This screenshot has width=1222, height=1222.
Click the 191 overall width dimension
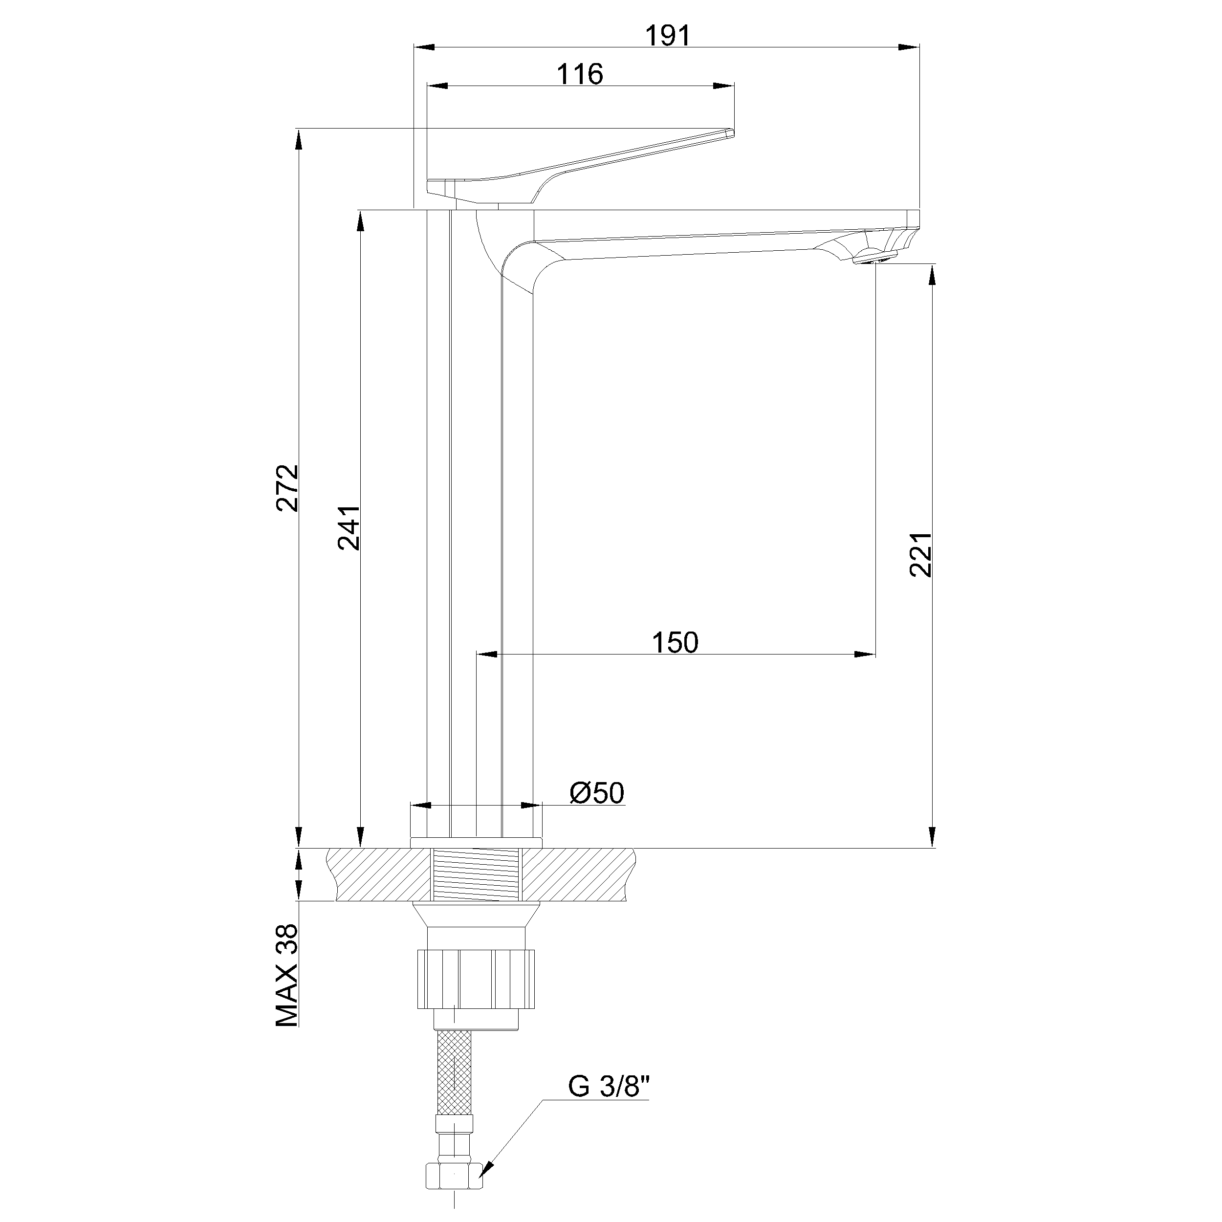click(x=668, y=36)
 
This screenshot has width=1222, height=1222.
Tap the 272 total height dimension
click(x=288, y=488)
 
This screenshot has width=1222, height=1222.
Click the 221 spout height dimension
click(x=921, y=554)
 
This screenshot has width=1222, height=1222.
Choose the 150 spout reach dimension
click(x=675, y=643)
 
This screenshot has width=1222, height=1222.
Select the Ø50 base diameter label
click(x=596, y=792)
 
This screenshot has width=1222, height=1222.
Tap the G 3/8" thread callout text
click(x=609, y=1087)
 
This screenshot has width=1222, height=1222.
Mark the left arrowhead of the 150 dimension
click(x=487, y=655)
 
